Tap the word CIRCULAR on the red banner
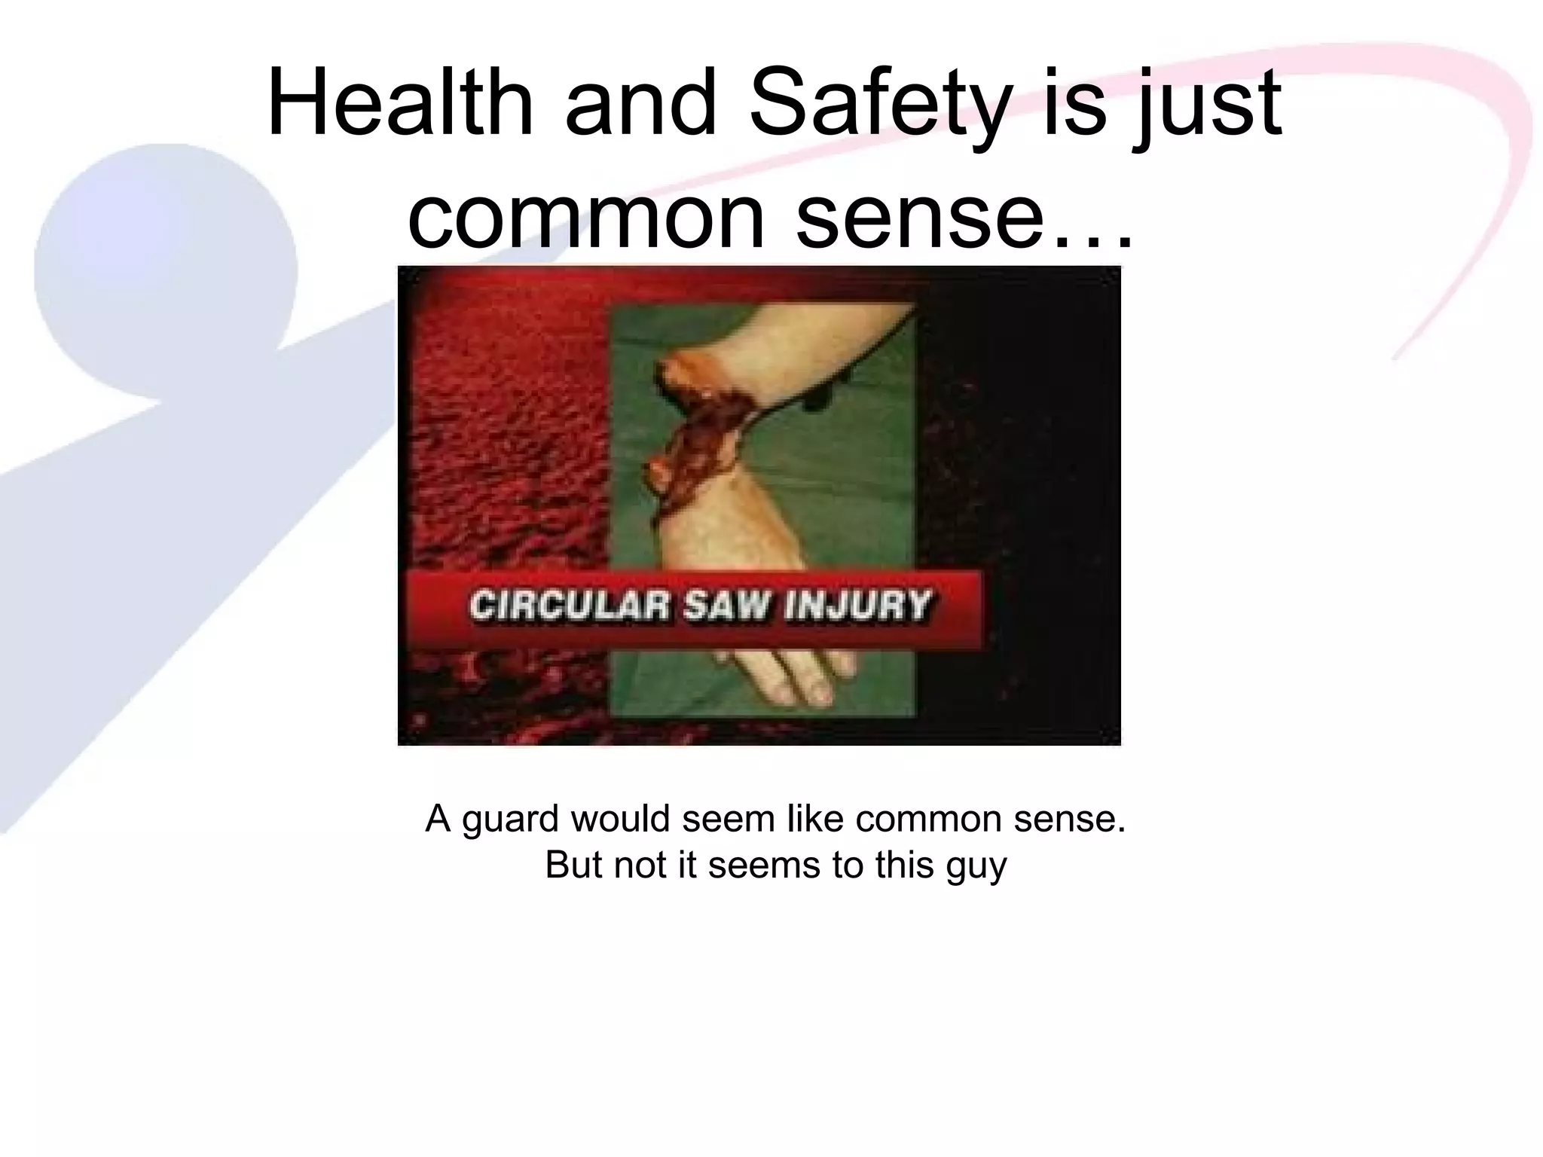pyautogui.click(x=569, y=607)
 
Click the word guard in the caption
pyautogui.click(x=512, y=820)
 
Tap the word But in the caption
pyautogui.click(x=575, y=865)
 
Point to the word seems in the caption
pyautogui.click(x=765, y=865)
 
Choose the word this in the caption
pyautogui.click(x=902, y=865)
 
